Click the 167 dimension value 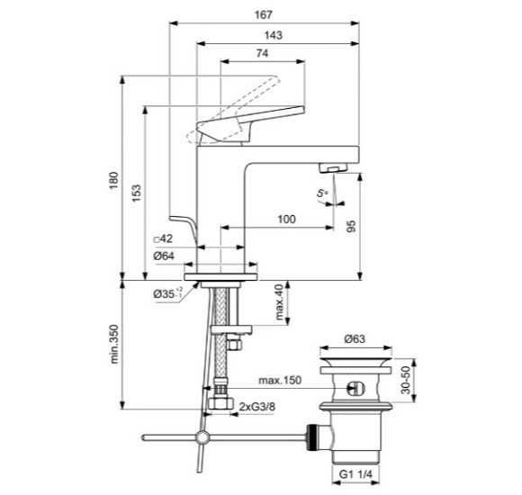[264, 15]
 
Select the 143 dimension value [273, 35]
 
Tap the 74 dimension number [262, 53]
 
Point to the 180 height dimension [114, 180]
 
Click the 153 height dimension [137, 193]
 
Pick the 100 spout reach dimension [286, 219]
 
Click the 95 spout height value [352, 227]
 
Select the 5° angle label [322, 193]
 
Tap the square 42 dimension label [163, 238]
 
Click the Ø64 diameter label [164, 256]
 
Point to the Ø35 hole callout [167, 293]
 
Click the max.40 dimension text [279, 301]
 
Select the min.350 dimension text [114, 344]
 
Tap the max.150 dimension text [280, 380]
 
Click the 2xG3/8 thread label [257, 407]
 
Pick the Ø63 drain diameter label [355, 339]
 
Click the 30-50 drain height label [406, 380]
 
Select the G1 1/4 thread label [355, 474]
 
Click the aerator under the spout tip [333, 167]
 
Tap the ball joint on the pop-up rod [202, 436]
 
